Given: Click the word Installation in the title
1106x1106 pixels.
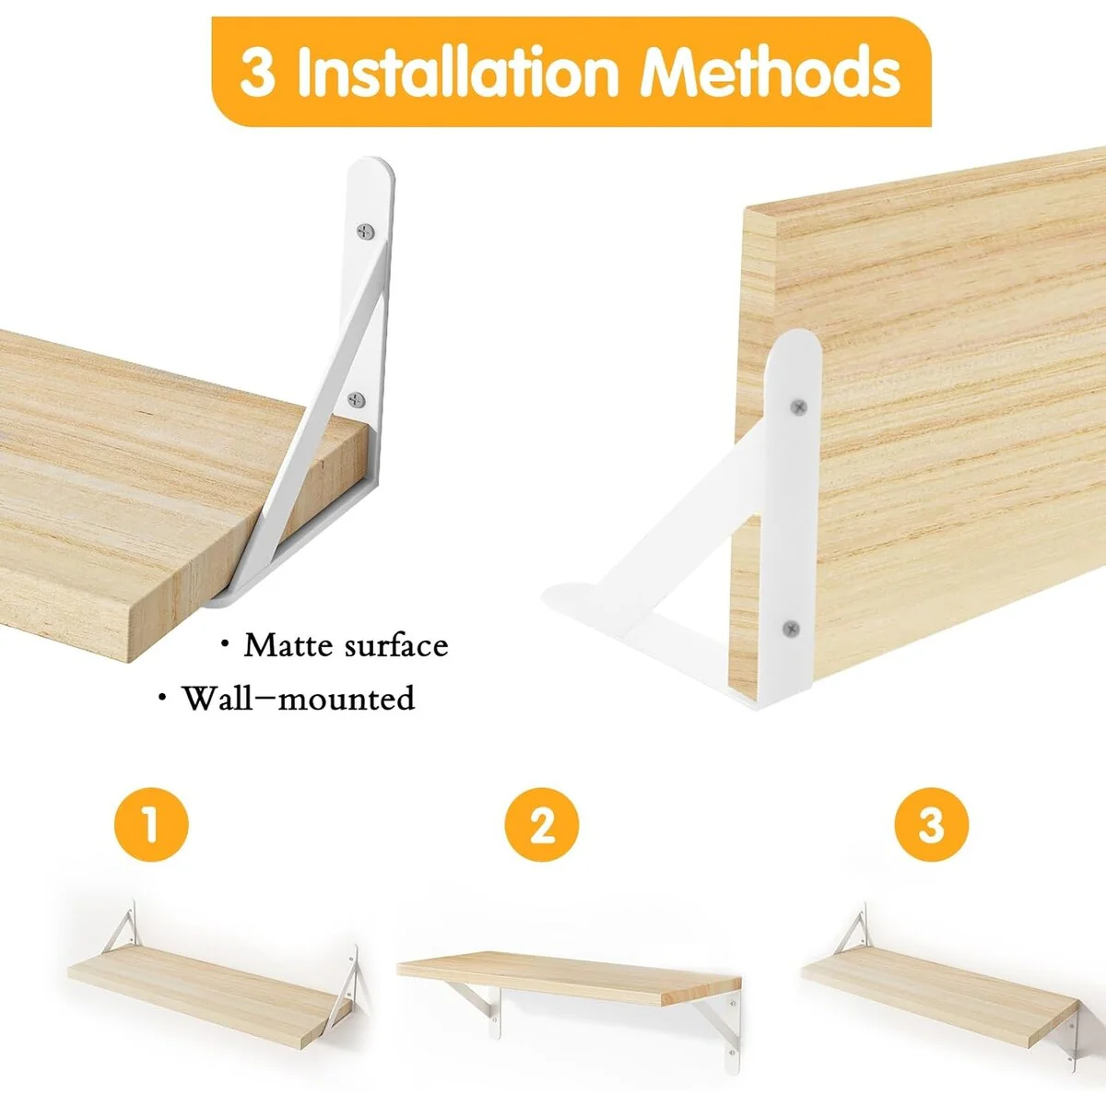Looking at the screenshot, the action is [x=457, y=72].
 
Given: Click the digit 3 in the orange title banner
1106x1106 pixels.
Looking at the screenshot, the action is [x=256, y=74].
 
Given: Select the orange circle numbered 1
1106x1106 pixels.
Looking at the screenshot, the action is [x=151, y=825].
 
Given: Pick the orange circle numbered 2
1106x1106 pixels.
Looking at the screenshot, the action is [x=541, y=825].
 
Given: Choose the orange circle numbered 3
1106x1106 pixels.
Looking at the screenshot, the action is [x=932, y=825].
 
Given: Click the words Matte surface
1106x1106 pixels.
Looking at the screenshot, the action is [x=346, y=646].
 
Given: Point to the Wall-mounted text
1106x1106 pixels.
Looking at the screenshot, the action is [x=298, y=699].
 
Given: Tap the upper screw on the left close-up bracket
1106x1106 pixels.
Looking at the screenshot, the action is [x=365, y=231].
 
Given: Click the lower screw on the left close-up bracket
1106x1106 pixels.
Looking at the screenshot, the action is [x=357, y=399].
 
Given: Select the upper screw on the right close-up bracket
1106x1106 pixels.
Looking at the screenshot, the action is [x=799, y=407].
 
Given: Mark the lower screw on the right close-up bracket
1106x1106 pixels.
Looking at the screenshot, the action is [x=792, y=629].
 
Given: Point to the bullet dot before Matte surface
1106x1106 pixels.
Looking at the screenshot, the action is [x=225, y=644].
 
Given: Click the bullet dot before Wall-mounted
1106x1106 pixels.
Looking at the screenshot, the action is [x=163, y=697].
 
